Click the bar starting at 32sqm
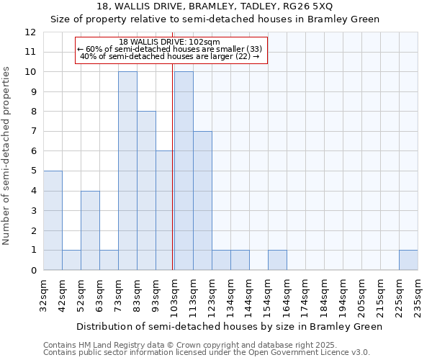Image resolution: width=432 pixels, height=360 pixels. point(53,220)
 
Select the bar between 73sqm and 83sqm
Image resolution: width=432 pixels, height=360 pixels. point(127,171)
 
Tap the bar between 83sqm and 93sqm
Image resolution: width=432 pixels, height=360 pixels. point(146,191)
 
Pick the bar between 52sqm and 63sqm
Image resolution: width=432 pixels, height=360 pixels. point(90,230)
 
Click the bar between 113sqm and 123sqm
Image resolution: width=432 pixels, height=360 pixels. point(202,201)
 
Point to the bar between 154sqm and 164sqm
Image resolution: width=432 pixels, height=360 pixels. point(277,260)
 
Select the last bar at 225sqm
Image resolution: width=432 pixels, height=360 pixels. point(408,260)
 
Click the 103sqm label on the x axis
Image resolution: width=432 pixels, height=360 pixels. point(174,295)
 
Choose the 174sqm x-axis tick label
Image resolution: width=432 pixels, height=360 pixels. point(305,295)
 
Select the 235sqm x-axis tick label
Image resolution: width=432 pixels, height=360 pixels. point(418,295)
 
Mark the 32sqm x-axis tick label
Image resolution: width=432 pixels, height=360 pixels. point(43,295)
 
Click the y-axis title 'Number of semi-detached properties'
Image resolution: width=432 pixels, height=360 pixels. point(7,156)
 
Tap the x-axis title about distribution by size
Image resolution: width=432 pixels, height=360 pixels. point(230,327)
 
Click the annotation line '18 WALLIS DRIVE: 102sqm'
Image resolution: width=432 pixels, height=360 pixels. point(171,42)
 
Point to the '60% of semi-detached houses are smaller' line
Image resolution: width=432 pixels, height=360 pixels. point(171,49)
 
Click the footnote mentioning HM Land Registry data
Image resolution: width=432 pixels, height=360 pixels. point(206,345)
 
